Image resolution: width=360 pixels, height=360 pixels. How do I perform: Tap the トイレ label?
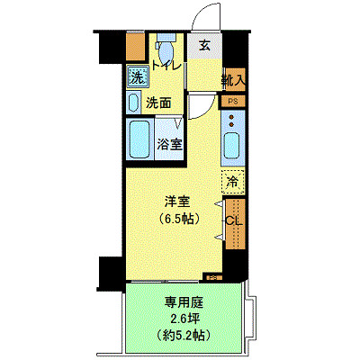pyautogui.click(x=167, y=66)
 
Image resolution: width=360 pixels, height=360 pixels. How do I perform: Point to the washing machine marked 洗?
pyautogui.click(x=137, y=77)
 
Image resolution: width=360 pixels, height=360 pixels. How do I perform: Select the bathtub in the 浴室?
pyautogui.click(x=139, y=139)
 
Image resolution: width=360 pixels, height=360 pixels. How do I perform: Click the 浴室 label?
pyautogui.click(x=168, y=142)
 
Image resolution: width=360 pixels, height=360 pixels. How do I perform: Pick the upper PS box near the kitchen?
pyautogui.click(x=232, y=102)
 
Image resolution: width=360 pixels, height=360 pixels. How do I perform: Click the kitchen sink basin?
pyautogui.click(x=231, y=145)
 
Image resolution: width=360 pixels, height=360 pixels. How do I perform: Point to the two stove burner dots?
pyautogui.click(x=232, y=118)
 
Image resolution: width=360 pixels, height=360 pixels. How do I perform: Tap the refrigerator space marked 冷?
pyautogui.click(x=233, y=181)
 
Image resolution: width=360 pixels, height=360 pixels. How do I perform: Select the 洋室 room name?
pyautogui.click(x=175, y=202)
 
